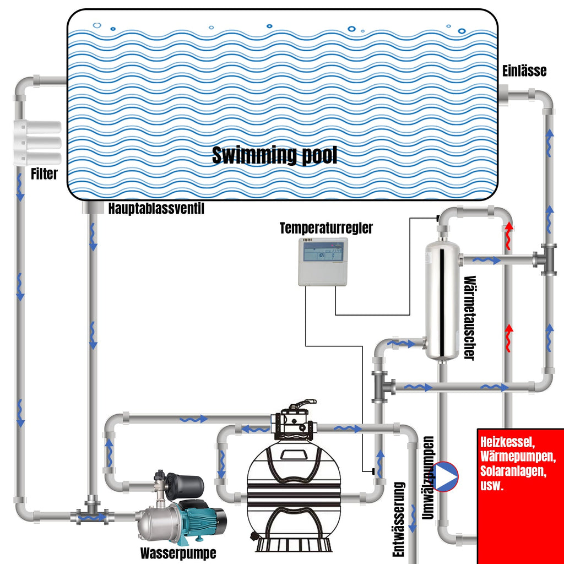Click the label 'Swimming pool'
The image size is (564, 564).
[274, 156]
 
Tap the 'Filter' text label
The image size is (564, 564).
[44, 175]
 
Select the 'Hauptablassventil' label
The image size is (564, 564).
[156, 209]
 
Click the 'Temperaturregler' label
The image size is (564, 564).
[326, 228]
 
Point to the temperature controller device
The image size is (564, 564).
[323, 262]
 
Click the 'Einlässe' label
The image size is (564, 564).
[524, 71]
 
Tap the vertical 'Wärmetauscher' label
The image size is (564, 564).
[469, 318]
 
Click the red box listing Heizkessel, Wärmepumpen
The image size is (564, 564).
[520, 496]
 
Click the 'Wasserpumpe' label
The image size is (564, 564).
[178, 552]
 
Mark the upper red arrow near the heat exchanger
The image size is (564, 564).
[509, 231]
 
